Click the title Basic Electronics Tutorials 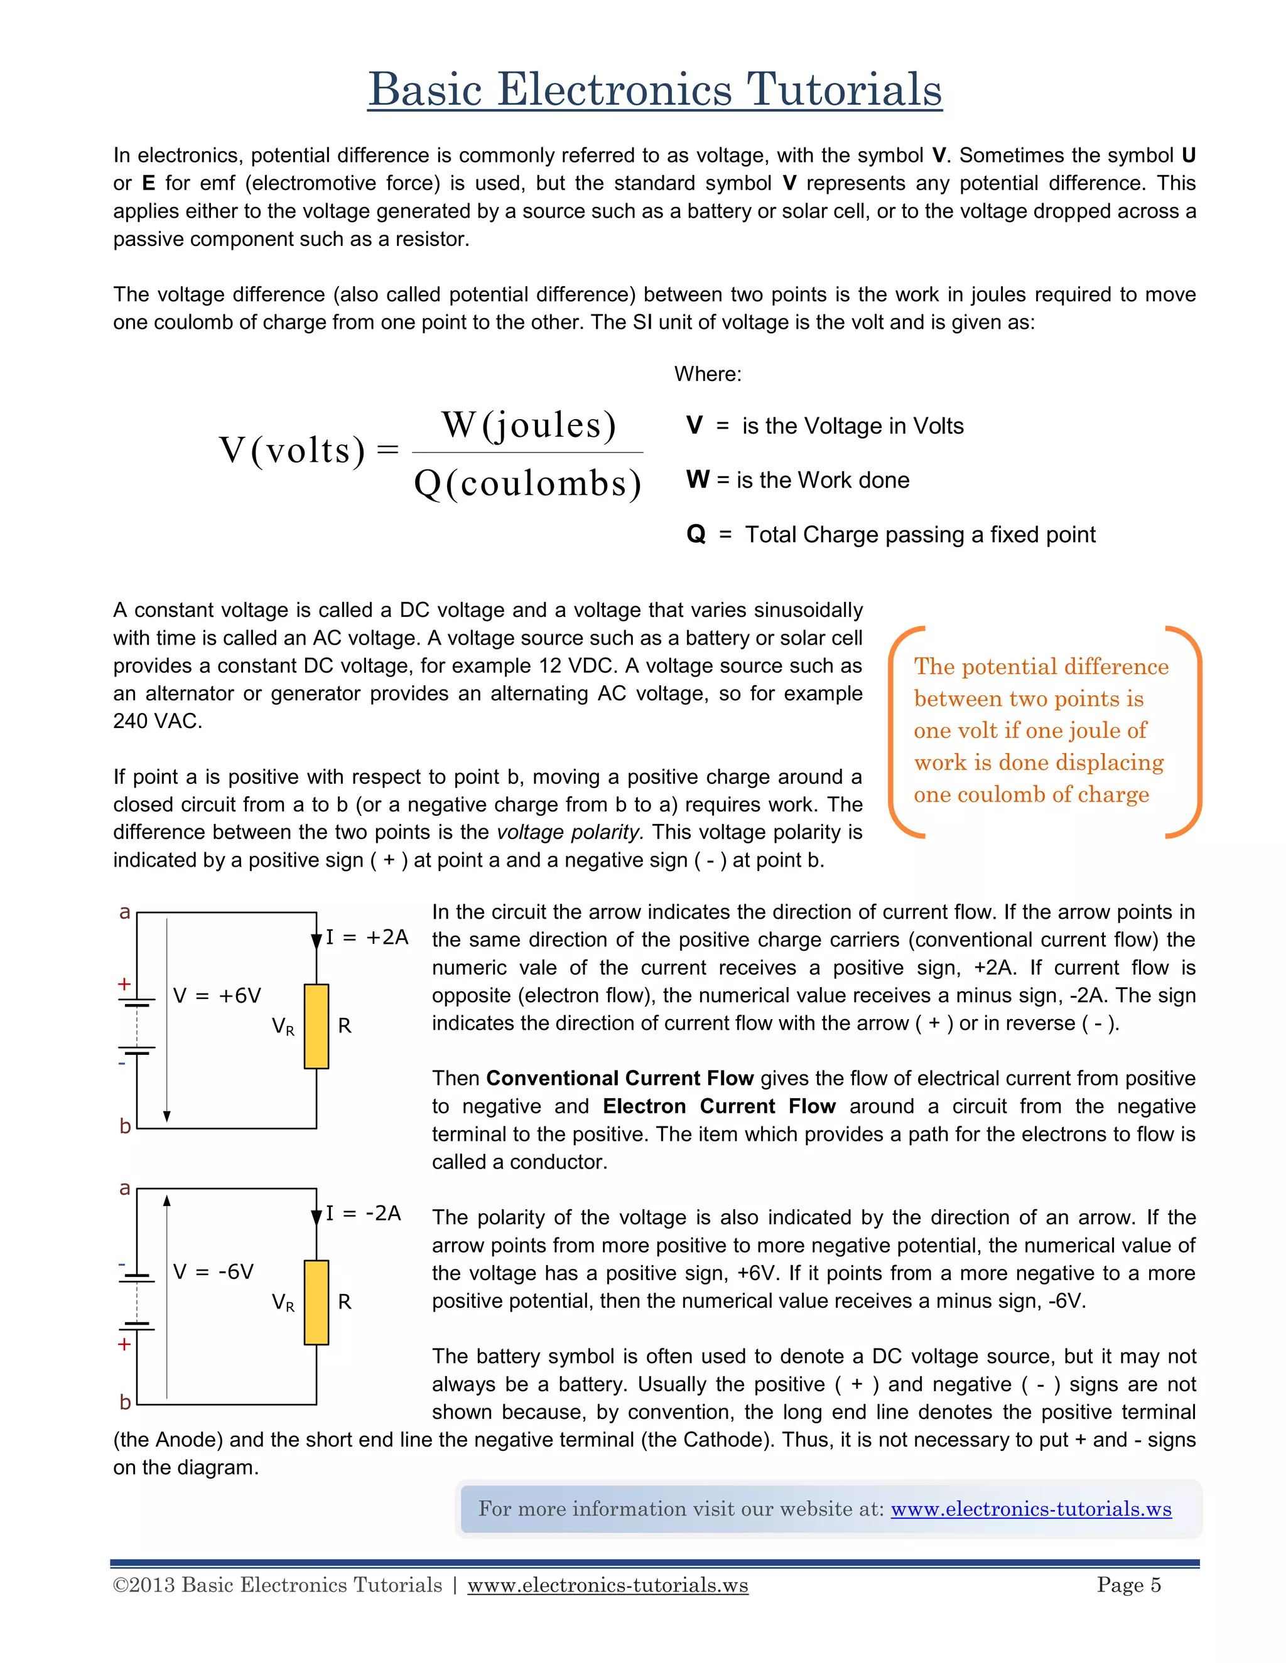pyautogui.click(x=654, y=89)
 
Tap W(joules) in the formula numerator pyautogui.click(x=529, y=425)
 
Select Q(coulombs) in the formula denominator pyautogui.click(x=528, y=483)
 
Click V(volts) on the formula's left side pyautogui.click(x=293, y=450)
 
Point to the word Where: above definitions pyautogui.click(x=707, y=374)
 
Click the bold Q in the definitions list pyautogui.click(x=696, y=535)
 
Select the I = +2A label pyautogui.click(x=367, y=938)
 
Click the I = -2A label pyautogui.click(x=364, y=1213)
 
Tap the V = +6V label pyautogui.click(x=217, y=996)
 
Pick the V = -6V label pyautogui.click(x=213, y=1271)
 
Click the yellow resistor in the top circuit pyautogui.click(x=316, y=1027)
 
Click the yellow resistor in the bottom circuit pyautogui.click(x=316, y=1302)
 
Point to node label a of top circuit pyautogui.click(x=125, y=912)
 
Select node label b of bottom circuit pyautogui.click(x=125, y=1401)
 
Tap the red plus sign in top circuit pyautogui.click(x=124, y=984)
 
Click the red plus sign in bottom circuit pyautogui.click(x=124, y=1344)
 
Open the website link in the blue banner pyautogui.click(x=1031, y=1509)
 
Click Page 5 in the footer pyautogui.click(x=1128, y=1585)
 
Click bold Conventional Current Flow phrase pyautogui.click(x=619, y=1078)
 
